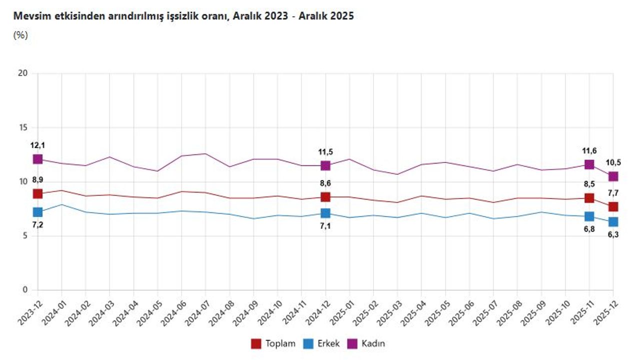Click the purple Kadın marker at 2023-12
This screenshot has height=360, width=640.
[x=37, y=159]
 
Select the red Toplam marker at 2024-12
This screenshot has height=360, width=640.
[x=325, y=197]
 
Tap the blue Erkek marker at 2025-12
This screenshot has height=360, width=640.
[x=613, y=221]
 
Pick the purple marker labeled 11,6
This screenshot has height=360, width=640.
[x=589, y=164]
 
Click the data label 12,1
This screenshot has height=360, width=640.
[x=37, y=145]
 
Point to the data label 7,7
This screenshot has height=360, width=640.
[x=613, y=193]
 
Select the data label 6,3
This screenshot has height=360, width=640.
[x=613, y=234]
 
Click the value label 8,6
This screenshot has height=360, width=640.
[x=325, y=183]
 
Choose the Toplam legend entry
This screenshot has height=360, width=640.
[x=273, y=343]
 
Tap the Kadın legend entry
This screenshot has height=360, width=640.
[x=366, y=343]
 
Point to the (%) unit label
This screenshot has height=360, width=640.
[x=20, y=35]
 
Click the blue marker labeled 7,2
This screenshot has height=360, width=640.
[x=37, y=212]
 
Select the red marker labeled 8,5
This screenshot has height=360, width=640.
[x=589, y=198]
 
